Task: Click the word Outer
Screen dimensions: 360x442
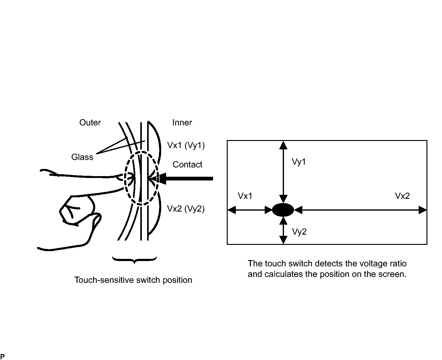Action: pos(90,123)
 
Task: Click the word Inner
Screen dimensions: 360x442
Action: pos(182,123)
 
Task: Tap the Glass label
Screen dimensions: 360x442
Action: pos(82,157)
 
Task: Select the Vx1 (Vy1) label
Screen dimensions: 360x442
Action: pos(186,145)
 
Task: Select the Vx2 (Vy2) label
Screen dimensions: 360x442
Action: pos(186,208)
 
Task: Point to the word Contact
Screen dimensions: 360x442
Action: pos(187,165)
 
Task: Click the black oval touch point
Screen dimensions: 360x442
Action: pos(283,210)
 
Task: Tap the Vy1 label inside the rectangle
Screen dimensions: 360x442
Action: pos(299,162)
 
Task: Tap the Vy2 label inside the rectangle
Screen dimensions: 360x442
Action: pos(299,232)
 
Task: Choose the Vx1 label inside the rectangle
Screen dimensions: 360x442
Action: pos(245,196)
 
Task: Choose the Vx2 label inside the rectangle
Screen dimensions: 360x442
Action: pos(402,196)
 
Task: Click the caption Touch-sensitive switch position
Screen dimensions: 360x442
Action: pos(133,280)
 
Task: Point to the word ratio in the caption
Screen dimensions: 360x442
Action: pos(398,264)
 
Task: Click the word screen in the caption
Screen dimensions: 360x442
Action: pos(392,274)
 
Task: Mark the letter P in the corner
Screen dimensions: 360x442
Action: pos(2,357)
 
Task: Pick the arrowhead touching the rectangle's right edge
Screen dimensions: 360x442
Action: pos(423,210)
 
